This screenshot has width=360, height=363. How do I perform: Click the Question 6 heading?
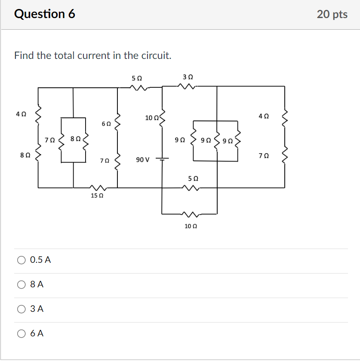44,14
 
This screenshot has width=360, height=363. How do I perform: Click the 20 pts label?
332,14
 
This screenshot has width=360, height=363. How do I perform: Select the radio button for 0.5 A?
21,260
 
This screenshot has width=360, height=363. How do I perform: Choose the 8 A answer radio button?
21,284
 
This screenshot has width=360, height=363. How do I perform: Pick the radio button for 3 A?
21,309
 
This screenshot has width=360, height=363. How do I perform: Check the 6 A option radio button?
21,333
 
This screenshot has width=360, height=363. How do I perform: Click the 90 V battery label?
142,160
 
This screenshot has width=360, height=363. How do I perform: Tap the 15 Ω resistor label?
97,196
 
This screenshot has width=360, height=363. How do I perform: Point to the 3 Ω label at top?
188,77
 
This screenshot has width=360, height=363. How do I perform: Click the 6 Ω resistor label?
106,123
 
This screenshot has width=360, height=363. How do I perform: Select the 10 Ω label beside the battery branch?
152,118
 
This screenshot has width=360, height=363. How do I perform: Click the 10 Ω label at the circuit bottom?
191,226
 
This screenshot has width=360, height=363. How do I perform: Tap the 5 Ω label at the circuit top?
136,78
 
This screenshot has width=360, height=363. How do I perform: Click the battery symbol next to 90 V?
163,160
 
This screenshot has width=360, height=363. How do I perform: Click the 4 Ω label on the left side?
21,114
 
